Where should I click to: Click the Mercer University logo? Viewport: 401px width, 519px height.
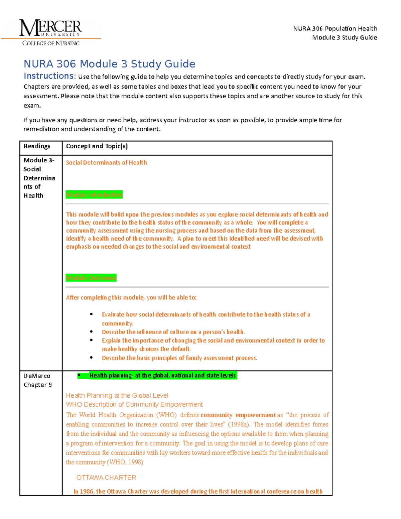point(51,32)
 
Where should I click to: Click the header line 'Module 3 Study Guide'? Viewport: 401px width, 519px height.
point(344,37)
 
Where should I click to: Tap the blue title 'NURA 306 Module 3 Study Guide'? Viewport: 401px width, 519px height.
point(109,63)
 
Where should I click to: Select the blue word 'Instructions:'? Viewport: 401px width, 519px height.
point(50,76)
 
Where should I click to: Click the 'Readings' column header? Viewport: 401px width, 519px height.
point(37,146)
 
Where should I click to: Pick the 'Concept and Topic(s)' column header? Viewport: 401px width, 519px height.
point(97,146)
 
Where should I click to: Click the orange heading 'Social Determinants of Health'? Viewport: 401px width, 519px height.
point(106,162)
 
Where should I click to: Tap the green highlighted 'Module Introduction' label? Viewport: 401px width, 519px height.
point(94,194)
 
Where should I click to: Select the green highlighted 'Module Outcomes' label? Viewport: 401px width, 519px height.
point(91,278)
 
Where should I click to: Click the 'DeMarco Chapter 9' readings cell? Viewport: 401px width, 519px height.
point(37,380)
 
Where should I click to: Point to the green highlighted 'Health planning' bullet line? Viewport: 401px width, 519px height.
point(162,375)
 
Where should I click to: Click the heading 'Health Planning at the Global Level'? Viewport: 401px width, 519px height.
point(117,395)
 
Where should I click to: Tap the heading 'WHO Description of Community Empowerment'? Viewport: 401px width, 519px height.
point(134,404)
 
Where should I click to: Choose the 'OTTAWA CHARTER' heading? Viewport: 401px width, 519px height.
point(106,478)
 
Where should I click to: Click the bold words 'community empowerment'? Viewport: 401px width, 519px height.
point(238,415)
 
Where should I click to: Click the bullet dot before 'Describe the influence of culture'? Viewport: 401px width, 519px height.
point(91,332)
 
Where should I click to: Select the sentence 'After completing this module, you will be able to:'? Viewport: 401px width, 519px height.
point(131,297)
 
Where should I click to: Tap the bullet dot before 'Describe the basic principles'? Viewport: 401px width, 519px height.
point(91,358)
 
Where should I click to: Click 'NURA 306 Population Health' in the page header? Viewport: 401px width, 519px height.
point(335,28)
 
